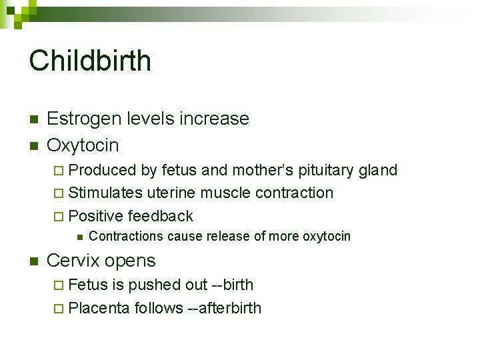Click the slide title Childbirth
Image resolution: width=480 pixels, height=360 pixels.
point(90,61)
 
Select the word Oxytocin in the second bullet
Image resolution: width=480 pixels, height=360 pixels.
point(83,145)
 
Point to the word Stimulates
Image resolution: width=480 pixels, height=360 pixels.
point(105,193)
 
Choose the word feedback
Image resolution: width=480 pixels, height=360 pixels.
point(160,216)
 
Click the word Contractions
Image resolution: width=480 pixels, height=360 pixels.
point(126,236)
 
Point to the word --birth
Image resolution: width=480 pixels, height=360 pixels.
point(232,285)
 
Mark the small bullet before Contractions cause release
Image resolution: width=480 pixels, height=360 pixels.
point(79,237)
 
